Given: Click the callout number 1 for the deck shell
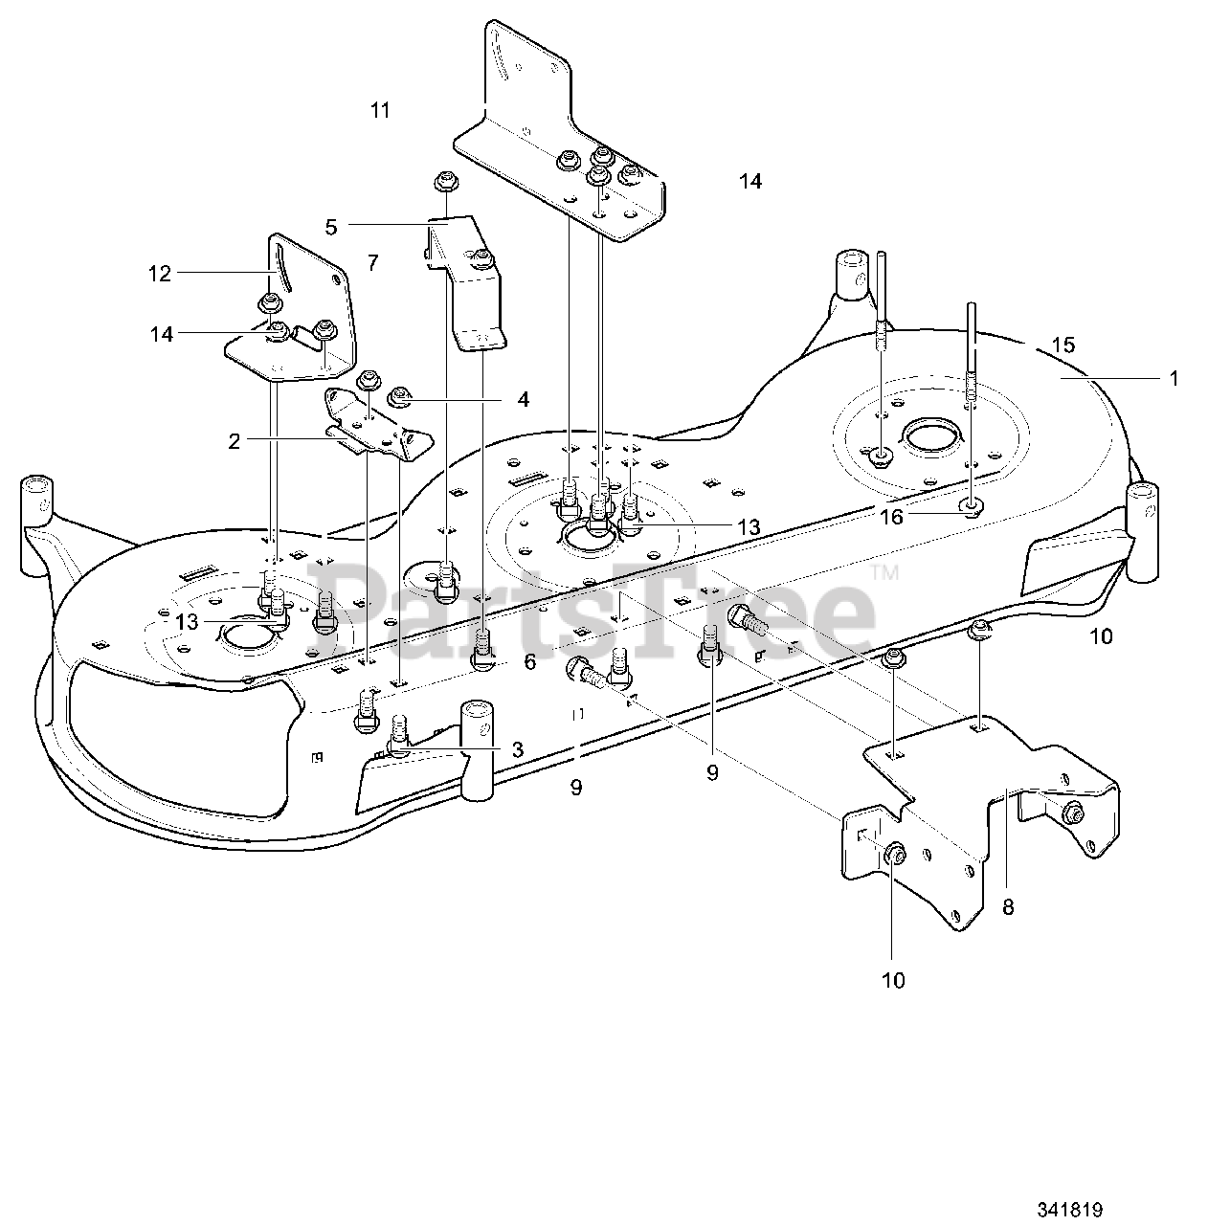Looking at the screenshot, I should (1174, 379).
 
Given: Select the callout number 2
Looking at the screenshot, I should (234, 440).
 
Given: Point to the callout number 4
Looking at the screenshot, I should (523, 398).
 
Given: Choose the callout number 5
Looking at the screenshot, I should (331, 227).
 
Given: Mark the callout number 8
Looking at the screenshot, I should (1008, 907).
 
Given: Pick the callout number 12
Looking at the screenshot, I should (159, 274).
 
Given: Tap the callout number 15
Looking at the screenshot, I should (1063, 345).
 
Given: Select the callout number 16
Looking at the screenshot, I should (891, 518).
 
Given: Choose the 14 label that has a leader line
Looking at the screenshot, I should (161, 334).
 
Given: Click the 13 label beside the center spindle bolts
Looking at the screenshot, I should (748, 527).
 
